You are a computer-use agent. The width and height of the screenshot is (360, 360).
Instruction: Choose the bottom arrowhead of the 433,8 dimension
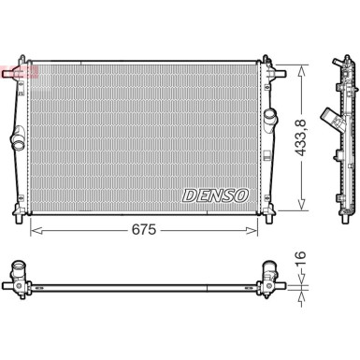pos(301,208)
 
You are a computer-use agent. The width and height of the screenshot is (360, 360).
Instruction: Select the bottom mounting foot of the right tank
pos(266,212)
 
